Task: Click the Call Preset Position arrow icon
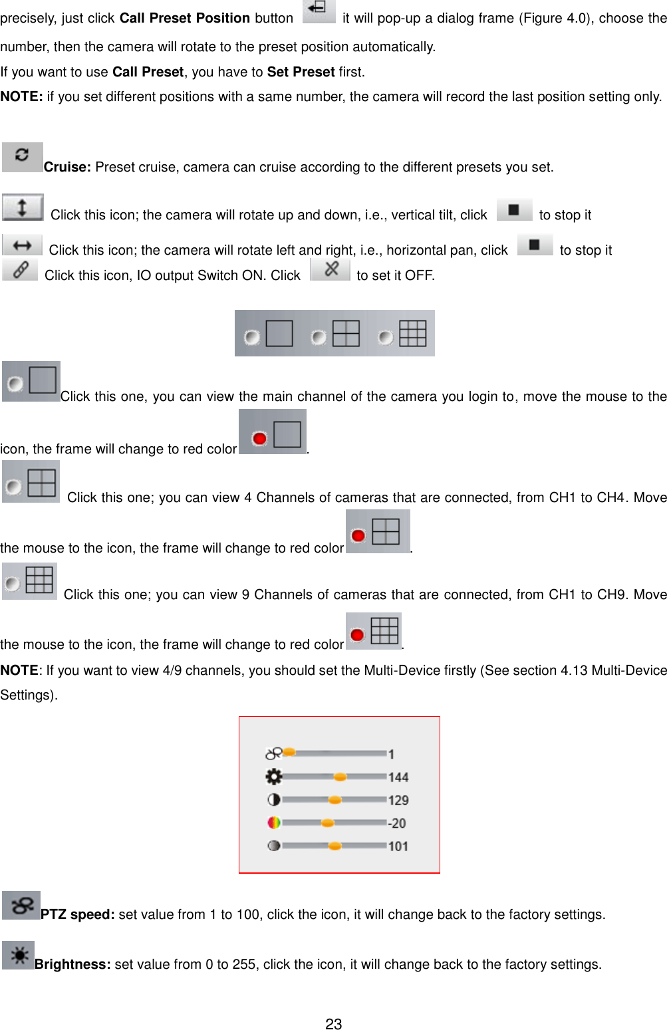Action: click(319, 11)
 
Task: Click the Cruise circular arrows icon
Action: click(22, 156)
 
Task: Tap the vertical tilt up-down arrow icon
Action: click(23, 207)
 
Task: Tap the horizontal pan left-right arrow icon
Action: click(22, 245)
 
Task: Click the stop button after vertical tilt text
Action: click(514, 210)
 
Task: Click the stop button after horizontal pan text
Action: click(535, 245)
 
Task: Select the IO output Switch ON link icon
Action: click(20, 270)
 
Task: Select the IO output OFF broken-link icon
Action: click(331, 269)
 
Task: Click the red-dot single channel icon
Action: click(273, 433)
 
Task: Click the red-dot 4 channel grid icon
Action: click(378, 532)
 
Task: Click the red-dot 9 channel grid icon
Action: click(374, 631)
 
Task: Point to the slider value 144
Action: click(398, 777)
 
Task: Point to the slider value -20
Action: click(397, 823)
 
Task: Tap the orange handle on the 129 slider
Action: click(335, 800)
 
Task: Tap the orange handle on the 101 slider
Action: click(335, 846)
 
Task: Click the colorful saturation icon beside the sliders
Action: click(273, 823)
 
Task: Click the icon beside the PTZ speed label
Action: click(21, 906)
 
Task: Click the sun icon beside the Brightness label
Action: click(19, 956)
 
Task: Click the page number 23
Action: click(334, 1024)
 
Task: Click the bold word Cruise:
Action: click(67, 168)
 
